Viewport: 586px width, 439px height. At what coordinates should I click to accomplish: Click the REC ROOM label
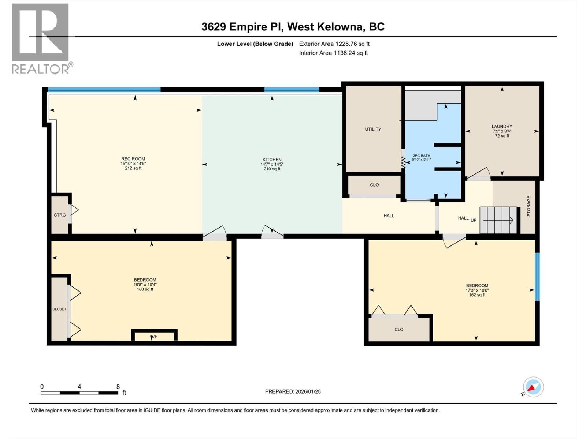click(x=133, y=159)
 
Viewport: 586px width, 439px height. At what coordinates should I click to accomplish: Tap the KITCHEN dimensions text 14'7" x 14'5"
click(x=272, y=164)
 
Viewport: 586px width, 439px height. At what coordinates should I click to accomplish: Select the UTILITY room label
click(x=373, y=129)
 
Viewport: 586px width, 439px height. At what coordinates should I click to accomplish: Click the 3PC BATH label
click(x=421, y=155)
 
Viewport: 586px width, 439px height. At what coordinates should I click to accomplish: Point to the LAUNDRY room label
click(x=502, y=126)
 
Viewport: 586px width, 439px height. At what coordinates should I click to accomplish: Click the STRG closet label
click(x=60, y=215)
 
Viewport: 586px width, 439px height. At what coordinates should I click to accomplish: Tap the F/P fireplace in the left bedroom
click(x=154, y=336)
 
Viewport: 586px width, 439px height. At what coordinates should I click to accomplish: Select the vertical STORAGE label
click(x=528, y=206)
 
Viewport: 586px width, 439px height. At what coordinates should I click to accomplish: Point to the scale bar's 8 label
click(x=118, y=387)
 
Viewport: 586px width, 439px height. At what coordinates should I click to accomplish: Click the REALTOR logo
click(x=40, y=38)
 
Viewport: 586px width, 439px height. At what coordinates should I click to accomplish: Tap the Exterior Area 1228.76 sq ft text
click(x=334, y=44)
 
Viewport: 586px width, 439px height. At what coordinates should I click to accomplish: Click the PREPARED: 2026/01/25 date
click(x=293, y=391)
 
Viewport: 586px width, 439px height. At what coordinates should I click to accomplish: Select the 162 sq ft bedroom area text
click(x=477, y=295)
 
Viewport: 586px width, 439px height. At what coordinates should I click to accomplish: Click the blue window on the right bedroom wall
click(x=537, y=277)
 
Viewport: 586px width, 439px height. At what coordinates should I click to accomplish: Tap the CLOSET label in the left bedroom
click(x=59, y=309)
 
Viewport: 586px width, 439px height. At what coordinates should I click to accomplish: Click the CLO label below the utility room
click(x=374, y=185)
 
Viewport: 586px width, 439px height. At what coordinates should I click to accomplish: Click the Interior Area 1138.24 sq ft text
click(x=333, y=53)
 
